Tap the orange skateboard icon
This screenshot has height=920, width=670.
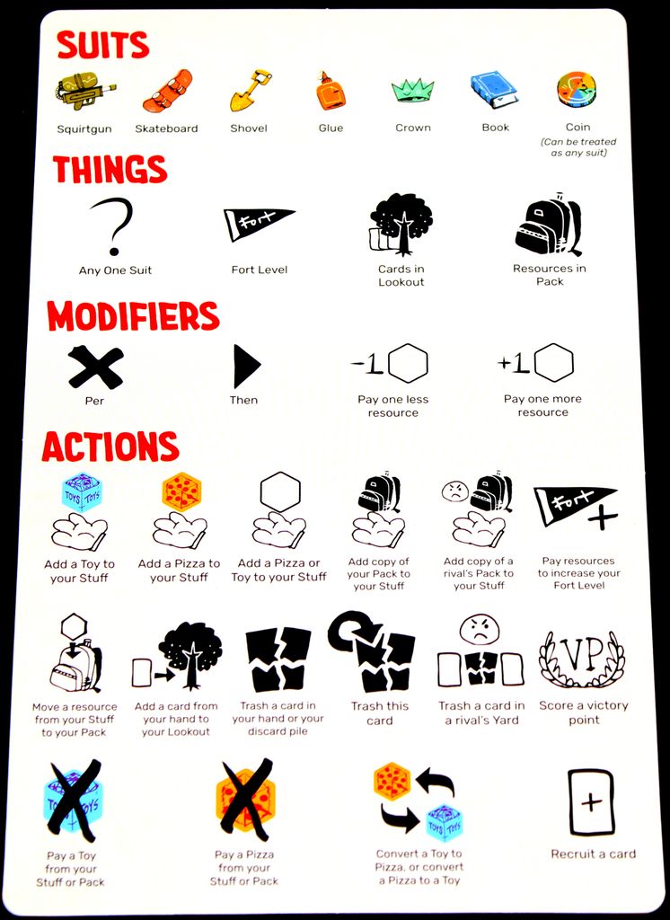pyautogui.click(x=167, y=91)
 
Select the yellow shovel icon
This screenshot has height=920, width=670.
pyautogui.click(x=250, y=91)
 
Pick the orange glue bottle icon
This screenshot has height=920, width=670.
pyautogui.click(x=331, y=91)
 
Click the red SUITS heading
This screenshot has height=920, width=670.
pyautogui.click(x=102, y=45)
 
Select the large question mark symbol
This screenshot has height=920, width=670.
pyautogui.click(x=113, y=226)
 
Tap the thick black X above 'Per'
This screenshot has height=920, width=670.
pyautogui.click(x=95, y=367)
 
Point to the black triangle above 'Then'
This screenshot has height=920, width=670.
pyautogui.click(x=246, y=367)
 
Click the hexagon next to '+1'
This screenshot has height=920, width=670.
pyautogui.click(x=553, y=363)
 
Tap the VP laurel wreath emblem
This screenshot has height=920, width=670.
pyautogui.click(x=583, y=659)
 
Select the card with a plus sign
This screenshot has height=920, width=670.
pyautogui.click(x=591, y=802)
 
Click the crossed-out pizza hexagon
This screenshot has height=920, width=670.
pyautogui.click(x=244, y=799)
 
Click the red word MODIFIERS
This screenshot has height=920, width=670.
pyautogui.click(x=133, y=316)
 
